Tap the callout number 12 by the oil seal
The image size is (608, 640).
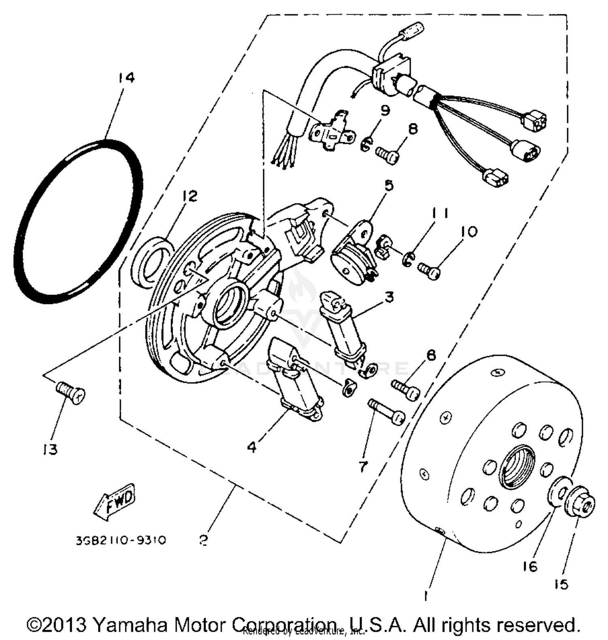(x=189, y=196)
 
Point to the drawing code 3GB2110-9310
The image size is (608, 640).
(x=120, y=541)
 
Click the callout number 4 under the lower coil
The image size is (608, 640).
(x=252, y=447)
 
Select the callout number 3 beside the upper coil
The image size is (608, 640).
(x=389, y=297)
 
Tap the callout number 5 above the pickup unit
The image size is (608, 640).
(x=388, y=186)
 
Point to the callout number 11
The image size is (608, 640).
(x=440, y=213)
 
